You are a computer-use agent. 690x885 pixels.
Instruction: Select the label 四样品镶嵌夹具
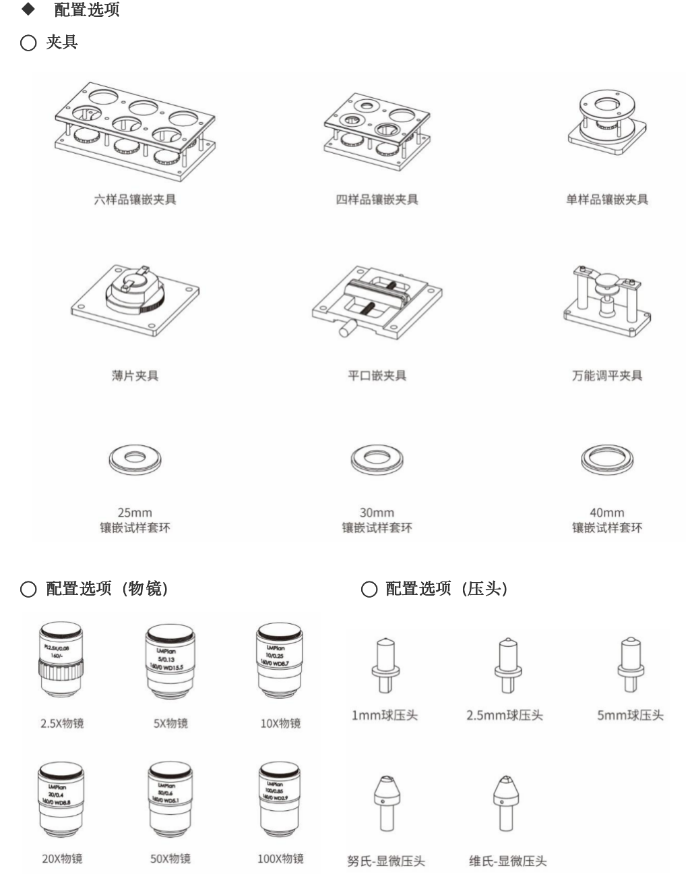(x=377, y=200)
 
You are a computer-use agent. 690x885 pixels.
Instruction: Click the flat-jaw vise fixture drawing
(x=377, y=302)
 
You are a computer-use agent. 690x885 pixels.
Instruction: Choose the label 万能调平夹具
(x=607, y=376)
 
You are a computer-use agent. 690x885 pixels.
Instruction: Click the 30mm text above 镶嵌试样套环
(x=377, y=513)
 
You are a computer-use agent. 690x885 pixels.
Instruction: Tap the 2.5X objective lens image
(x=61, y=661)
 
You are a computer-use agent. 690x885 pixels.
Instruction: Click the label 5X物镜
(x=170, y=724)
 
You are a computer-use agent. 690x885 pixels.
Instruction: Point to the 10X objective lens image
(x=280, y=661)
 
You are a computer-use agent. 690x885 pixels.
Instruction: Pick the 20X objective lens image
(x=61, y=799)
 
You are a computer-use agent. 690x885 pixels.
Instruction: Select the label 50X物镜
(x=170, y=859)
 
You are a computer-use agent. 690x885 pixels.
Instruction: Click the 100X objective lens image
(x=280, y=799)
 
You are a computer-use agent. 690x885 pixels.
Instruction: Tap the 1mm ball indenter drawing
(x=385, y=665)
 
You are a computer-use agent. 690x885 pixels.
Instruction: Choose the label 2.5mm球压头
(x=504, y=716)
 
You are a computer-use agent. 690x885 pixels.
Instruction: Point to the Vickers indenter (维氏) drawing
(x=507, y=803)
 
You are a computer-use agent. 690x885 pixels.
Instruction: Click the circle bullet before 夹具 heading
(x=28, y=43)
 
